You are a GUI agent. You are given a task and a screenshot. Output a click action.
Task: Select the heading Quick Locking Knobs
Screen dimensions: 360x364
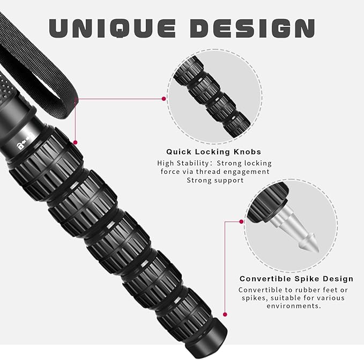pos(213,152)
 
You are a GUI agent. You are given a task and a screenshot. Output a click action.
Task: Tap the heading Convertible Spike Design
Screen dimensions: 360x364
pos(296,278)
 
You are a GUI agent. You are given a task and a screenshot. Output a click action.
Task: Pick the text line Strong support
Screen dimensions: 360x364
pos(214,180)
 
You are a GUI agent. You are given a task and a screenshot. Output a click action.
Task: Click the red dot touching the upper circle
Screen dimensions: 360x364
pos(164,99)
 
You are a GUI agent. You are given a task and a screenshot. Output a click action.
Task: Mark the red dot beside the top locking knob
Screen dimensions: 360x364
pos(75,142)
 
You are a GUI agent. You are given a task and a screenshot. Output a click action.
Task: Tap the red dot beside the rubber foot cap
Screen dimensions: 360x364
pos(225,314)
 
